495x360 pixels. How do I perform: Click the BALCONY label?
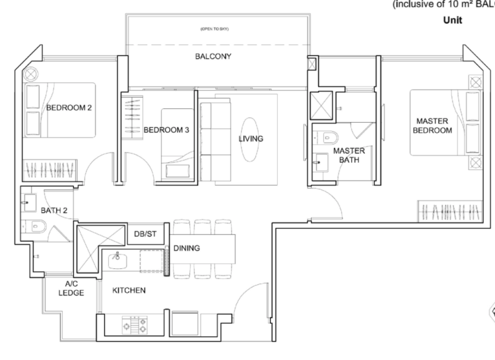tap(213, 57)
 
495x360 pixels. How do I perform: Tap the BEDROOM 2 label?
tap(69, 107)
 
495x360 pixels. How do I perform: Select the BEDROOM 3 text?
tap(166, 130)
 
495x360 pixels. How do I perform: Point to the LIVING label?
tap(251, 138)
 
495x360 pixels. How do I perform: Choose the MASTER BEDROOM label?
tap(432, 125)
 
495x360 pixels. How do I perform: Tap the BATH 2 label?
tap(54, 211)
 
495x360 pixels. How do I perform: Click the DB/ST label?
tap(146, 234)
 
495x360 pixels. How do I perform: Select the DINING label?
tap(187, 249)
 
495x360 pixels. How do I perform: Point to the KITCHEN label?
tap(129, 290)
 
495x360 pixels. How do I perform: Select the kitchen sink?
tap(118, 259)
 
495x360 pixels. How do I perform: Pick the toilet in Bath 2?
tap(36, 228)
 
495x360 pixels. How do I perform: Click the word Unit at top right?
tap(453, 20)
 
